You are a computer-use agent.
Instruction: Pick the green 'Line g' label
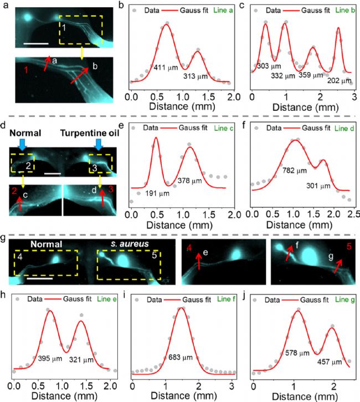coord(342,300)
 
